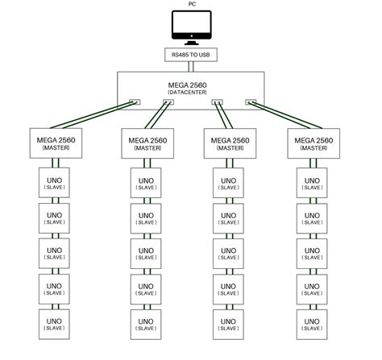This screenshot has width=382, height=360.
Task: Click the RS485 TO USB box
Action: (191, 56)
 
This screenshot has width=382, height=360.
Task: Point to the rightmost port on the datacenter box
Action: (251, 102)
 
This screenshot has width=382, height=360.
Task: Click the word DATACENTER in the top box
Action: (191, 93)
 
